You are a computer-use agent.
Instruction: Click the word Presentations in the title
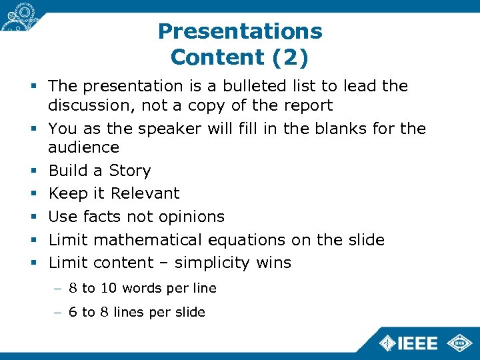pyautogui.click(x=240, y=31)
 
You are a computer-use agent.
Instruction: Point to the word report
pyautogui.click(x=307, y=105)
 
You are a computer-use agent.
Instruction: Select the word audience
pyautogui.click(x=83, y=147)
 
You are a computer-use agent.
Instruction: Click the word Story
pyautogui.click(x=130, y=171)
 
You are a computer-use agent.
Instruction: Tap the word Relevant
pyautogui.click(x=145, y=193)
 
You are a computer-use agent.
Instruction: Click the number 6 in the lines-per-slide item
pyautogui.click(x=73, y=312)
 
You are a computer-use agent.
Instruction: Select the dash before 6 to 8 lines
pyautogui.click(x=58, y=312)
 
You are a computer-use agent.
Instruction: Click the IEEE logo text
pyautogui.click(x=417, y=343)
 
